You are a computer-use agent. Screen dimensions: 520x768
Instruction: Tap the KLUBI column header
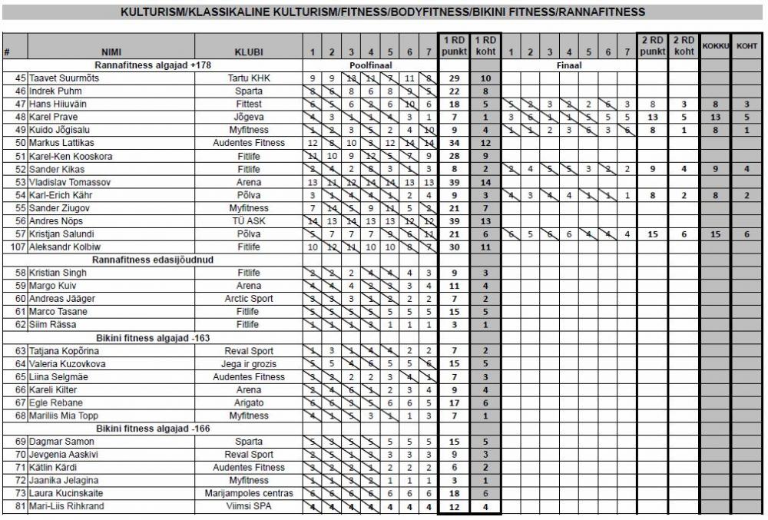point(250,52)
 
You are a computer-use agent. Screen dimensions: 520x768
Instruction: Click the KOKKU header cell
point(715,46)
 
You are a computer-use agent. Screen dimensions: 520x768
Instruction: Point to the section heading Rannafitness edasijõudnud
point(153,260)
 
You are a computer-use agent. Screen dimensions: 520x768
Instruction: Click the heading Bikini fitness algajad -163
point(153,338)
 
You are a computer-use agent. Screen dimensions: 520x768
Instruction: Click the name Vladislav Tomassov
point(71,182)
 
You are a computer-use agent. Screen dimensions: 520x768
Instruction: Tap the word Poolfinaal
point(369,65)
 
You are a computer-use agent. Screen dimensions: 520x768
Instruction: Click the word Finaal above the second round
point(569,65)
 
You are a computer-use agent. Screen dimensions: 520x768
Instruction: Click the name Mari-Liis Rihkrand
point(68,506)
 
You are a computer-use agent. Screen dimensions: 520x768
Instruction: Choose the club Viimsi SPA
point(250,506)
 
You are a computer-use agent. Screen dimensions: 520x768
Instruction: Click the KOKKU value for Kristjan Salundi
point(715,234)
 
